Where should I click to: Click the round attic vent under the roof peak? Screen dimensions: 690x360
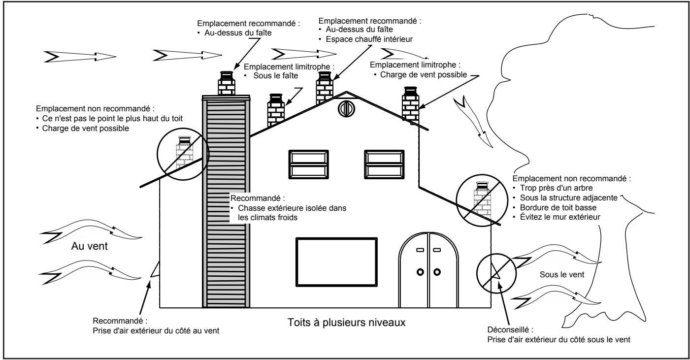click(x=346, y=109)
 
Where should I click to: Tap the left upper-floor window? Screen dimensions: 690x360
click(x=309, y=164)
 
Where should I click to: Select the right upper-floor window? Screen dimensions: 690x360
click(x=384, y=164)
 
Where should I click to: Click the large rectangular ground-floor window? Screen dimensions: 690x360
click(x=337, y=262)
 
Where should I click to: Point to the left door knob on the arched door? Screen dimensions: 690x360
click(x=420, y=272)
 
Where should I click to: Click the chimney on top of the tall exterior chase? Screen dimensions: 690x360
click(x=227, y=83)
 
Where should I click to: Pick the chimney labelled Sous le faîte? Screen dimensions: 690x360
click(x=276, y=110)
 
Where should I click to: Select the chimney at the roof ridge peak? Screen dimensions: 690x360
click(x=325, y=88)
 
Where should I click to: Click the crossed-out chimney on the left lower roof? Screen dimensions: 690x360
click(x=184, y=153)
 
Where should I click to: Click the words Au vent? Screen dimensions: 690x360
click(x=89, y=246)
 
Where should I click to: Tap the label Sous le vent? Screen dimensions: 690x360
click(x=562, y=274)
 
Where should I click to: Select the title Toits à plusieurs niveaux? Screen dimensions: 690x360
click(x=347, y=323)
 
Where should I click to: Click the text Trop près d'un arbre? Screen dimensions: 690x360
click(x=556, y=188)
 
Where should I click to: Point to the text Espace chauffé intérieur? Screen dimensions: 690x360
click(x=369, y=39)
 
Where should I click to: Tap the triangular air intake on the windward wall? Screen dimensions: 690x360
click(x=155, y=269)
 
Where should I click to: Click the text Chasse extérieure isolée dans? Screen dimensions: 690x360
click(x=292, y=208)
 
